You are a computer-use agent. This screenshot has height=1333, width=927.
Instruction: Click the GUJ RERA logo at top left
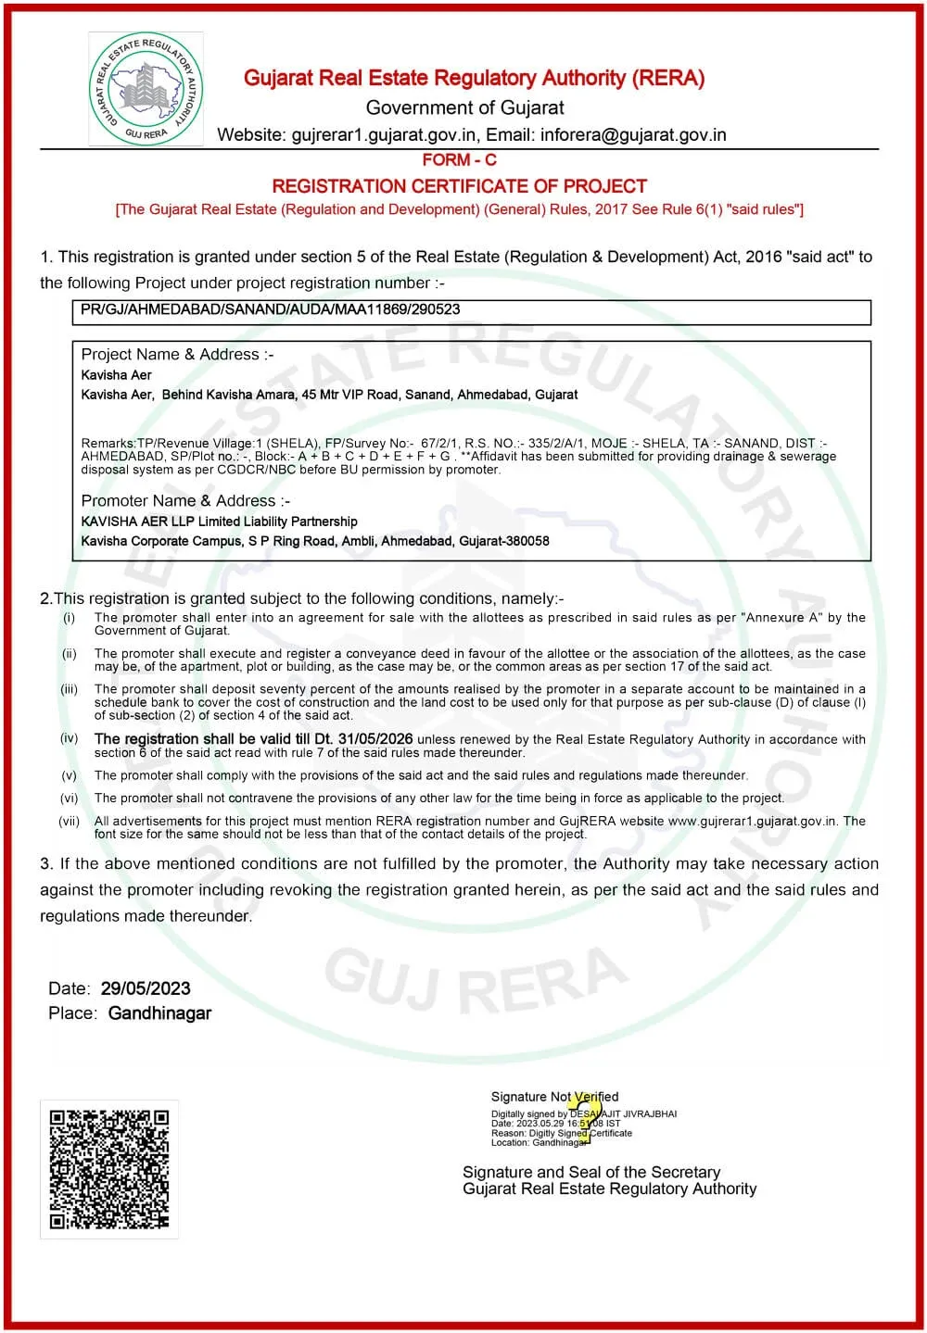146,89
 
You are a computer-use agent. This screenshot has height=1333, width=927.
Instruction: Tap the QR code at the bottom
109,1169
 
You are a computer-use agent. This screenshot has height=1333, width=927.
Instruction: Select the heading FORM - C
459,160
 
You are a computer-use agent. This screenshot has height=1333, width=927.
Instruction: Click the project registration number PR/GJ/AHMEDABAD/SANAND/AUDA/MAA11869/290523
270,309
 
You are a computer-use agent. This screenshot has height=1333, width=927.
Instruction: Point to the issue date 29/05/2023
149,988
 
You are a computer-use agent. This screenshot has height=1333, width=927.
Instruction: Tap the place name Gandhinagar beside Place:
159,1013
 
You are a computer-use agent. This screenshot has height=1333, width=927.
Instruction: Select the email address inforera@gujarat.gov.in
633,135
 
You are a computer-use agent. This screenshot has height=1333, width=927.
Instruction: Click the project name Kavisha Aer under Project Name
116,375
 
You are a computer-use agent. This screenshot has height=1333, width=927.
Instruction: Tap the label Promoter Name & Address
185,501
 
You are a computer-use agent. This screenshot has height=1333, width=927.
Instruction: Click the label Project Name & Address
177,355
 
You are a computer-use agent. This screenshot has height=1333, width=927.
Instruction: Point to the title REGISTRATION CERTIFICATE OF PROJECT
459,186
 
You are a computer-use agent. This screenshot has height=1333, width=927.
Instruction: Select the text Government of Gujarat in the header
464,107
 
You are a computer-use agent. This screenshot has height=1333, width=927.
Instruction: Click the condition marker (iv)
70,738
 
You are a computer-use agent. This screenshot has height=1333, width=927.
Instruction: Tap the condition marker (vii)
70,821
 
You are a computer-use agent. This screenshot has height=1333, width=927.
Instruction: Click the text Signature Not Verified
554,1097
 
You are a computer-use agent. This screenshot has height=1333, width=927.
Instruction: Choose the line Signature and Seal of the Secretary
590,1172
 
